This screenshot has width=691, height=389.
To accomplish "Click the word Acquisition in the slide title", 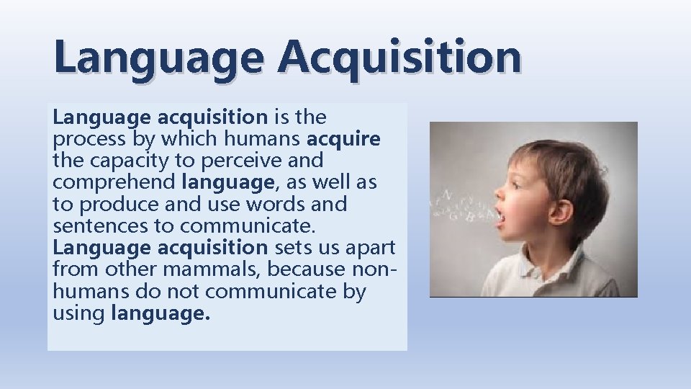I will [402, 57].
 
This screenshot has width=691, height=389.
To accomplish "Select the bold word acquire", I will [344, 138].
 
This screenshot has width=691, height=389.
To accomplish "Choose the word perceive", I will [245, 160].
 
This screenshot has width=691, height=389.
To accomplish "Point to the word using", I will [79, 314].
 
